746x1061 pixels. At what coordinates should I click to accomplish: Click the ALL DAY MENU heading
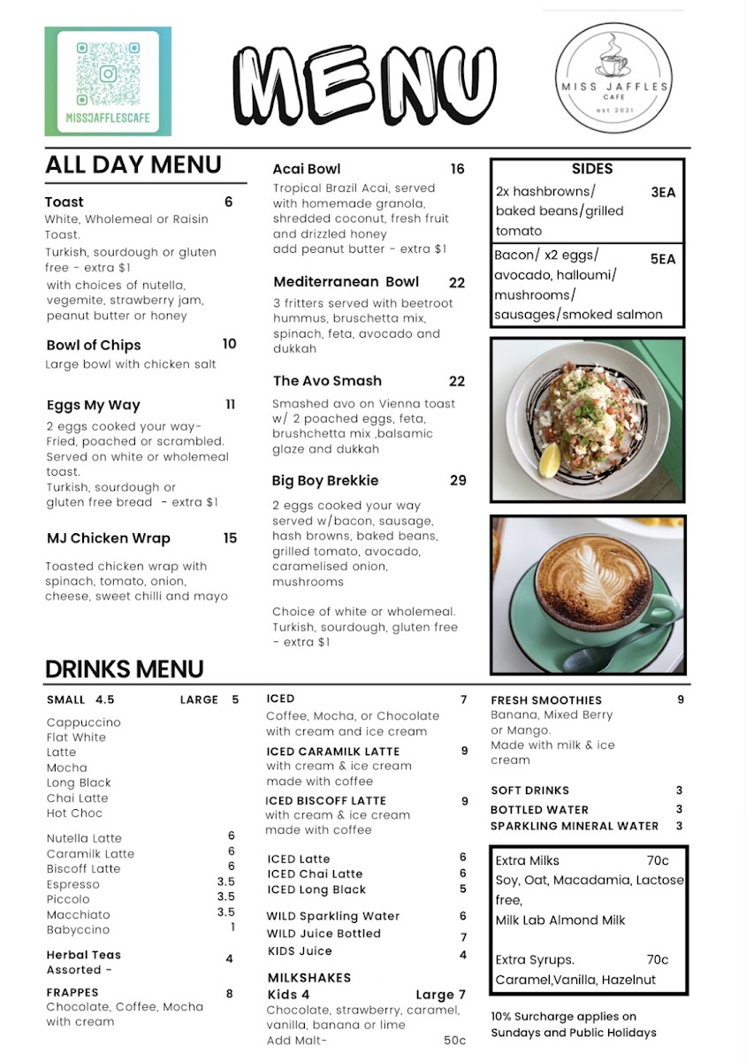(x=133, y=165)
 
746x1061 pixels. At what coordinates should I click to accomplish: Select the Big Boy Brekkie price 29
(x=457, y=481)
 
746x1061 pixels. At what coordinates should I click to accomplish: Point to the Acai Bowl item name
(x=307, y=169)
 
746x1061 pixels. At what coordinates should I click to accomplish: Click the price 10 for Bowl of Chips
(x=230, y=344)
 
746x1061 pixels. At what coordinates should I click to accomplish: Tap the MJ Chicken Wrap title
(x=109, y=538)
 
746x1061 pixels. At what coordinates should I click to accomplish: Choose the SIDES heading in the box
(x=592, y=169)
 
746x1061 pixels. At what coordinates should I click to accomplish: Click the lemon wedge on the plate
(x=549, y=458)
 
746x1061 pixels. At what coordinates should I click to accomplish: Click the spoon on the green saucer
(x=619, y=650)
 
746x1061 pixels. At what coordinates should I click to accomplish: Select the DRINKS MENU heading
(x=125, y=668)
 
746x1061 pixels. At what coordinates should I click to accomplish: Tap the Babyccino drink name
(x=79, y=929)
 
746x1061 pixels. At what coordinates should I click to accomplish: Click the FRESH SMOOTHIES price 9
(x=681, y=699)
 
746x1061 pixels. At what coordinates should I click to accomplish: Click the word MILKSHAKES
(x=309, y=978)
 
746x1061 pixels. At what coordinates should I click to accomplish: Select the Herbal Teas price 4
(x=230, y=958)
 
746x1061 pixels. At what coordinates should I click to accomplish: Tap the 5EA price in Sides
(x=663, y=260)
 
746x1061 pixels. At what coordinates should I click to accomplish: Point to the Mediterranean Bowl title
(x=346, y=282)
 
